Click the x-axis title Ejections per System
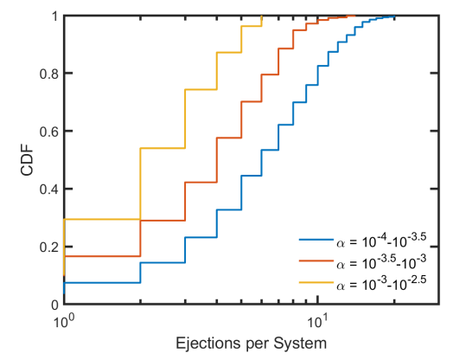coord(251,343)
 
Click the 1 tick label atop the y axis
coord(54,16)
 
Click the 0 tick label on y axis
coord(54,305)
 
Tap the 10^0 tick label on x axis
coord(64,320)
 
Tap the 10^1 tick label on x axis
coord(320,320)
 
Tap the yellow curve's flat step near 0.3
coord(102,219)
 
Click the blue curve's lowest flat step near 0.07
coord(102,283)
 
